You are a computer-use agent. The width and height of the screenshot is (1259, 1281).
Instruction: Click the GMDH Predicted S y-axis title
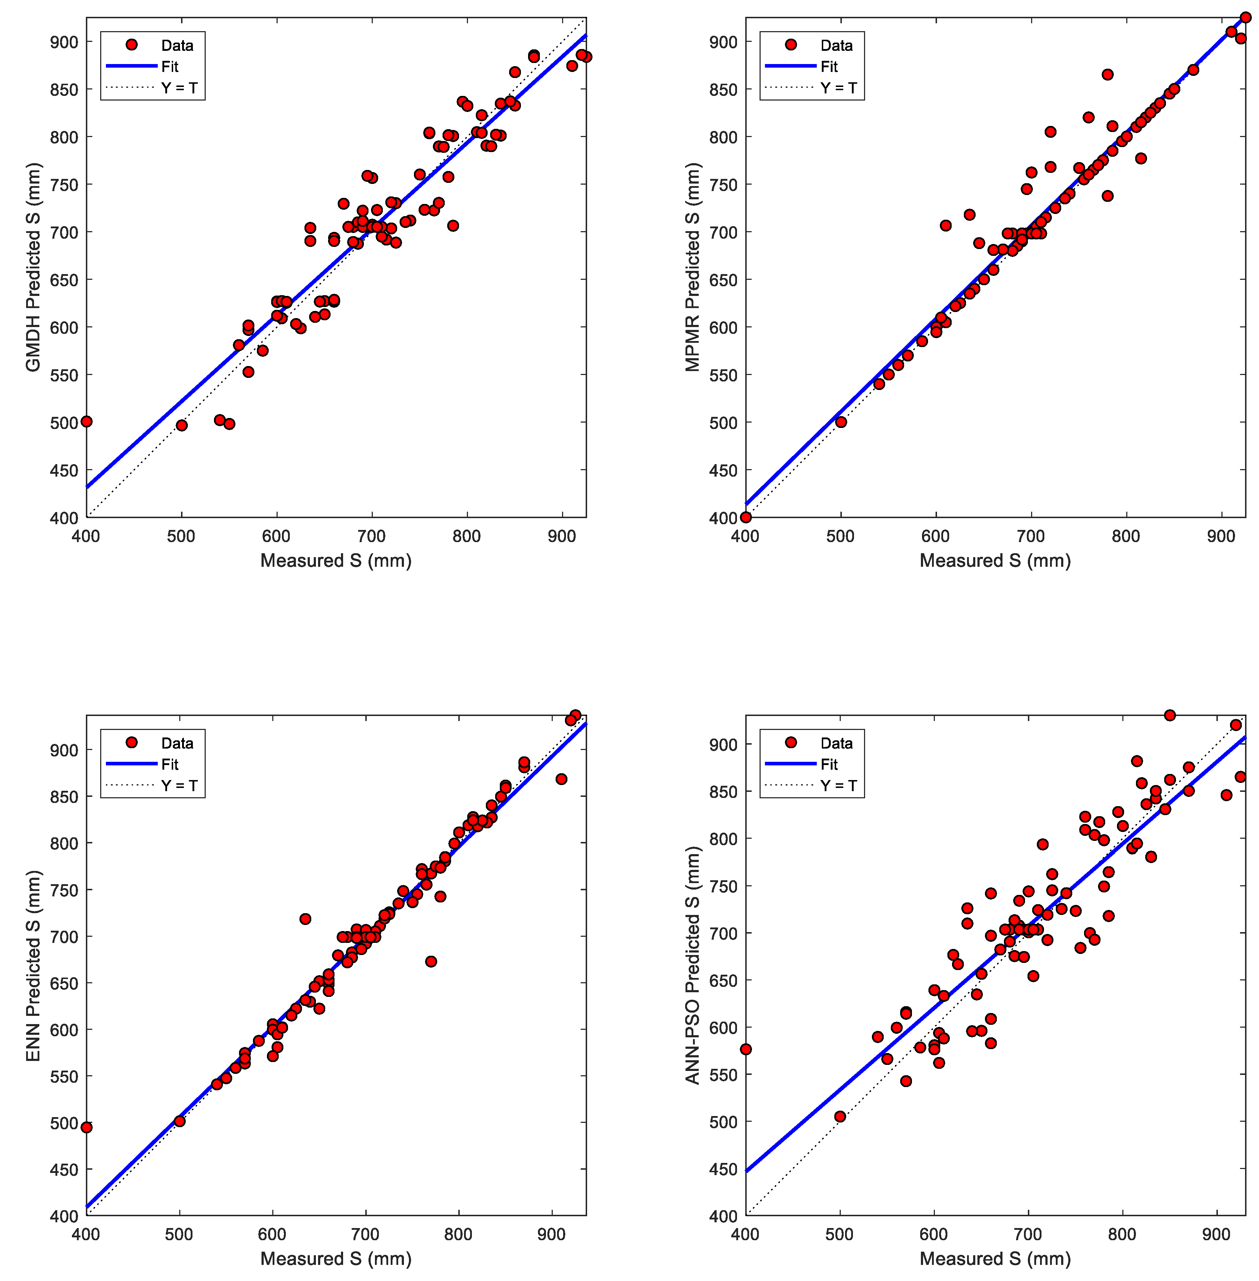(x=33, y=267)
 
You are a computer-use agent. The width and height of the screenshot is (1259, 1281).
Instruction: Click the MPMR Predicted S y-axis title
(x=692, y=267)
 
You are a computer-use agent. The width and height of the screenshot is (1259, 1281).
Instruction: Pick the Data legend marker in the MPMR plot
(x=791, y=45)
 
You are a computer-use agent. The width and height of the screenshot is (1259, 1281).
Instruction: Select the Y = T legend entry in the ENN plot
(x=179, y=786)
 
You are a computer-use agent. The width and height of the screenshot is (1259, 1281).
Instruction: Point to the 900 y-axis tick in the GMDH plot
(x=64, y=42)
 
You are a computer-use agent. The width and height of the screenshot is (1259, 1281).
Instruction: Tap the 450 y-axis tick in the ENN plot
(x=64, y=1170)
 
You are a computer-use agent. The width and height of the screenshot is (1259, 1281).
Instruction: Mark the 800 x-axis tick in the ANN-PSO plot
(x=1122, y=1235)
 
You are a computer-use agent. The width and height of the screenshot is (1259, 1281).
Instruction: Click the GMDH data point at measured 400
(x=87, y=421)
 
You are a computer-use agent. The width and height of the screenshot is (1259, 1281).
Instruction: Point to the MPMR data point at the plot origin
(x=746, y=517)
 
